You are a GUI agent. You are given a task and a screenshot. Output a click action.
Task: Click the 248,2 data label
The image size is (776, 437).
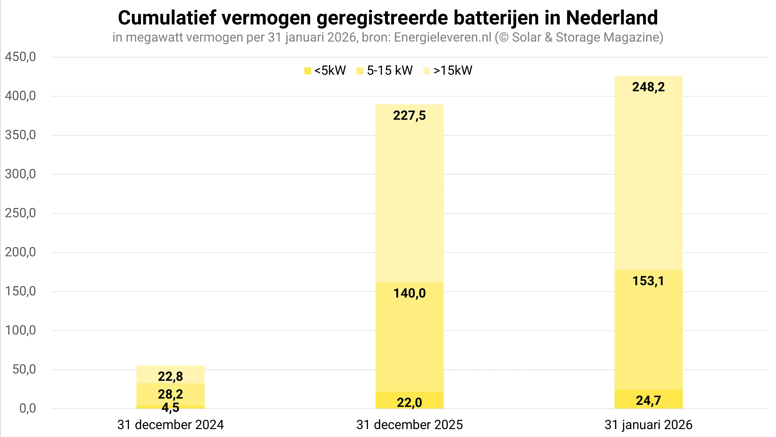648,87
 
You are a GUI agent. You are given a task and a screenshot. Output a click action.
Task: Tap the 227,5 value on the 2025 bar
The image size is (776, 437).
409,116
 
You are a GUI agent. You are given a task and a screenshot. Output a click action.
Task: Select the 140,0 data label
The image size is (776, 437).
409,293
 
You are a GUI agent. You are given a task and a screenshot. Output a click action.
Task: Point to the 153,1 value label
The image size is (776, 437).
648,281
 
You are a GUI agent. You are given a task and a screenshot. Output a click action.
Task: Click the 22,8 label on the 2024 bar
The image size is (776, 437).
170,376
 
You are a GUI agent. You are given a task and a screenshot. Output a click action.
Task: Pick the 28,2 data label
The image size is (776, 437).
170,394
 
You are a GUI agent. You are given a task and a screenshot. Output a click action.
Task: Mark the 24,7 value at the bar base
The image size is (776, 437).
648,401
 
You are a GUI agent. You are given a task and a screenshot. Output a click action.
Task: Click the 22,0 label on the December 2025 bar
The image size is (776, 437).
409,403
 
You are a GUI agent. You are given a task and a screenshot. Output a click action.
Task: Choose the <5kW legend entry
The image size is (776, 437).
325,71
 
